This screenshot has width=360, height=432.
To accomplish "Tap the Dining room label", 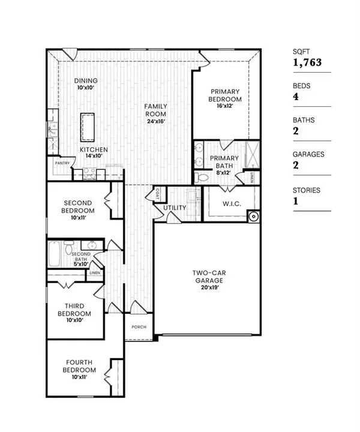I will (x=86, y=81).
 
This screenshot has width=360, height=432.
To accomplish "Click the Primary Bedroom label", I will (x=225, y=95).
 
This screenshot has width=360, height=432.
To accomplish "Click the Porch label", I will (x=139, y=328).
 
